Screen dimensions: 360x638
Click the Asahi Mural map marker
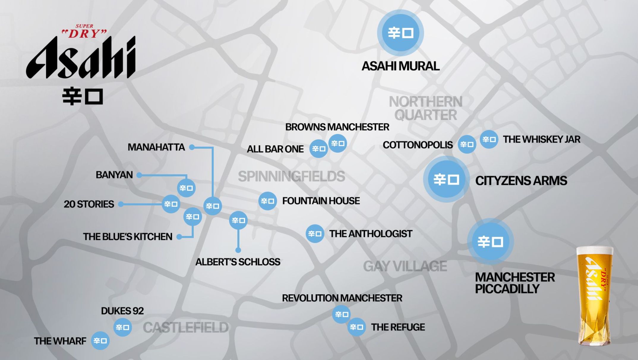point(400,33)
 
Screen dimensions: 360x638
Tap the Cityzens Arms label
point(521,181)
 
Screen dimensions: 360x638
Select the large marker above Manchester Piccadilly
point(490,241)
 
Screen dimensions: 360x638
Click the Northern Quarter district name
point(426,108)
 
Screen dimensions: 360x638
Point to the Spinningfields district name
point(291,176)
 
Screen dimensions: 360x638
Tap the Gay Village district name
point(405,266)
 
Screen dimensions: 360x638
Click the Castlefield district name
point(186,328)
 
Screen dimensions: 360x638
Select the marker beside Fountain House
point(267,201)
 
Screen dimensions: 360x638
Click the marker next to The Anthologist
point(315,234)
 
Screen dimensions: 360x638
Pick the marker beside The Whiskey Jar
point(489,139)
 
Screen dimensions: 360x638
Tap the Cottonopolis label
point(418,145)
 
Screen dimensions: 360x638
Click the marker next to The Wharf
point(100,341)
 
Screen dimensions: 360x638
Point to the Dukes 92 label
point(122,311)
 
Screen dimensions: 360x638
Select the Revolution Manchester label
point(342,298)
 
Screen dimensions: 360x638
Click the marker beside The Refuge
point(356,327)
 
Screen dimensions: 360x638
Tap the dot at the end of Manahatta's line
point(192,147)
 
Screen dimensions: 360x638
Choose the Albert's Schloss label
point(238,262)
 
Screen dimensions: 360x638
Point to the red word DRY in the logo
point(84,34)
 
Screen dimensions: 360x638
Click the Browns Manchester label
point(337,127)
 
